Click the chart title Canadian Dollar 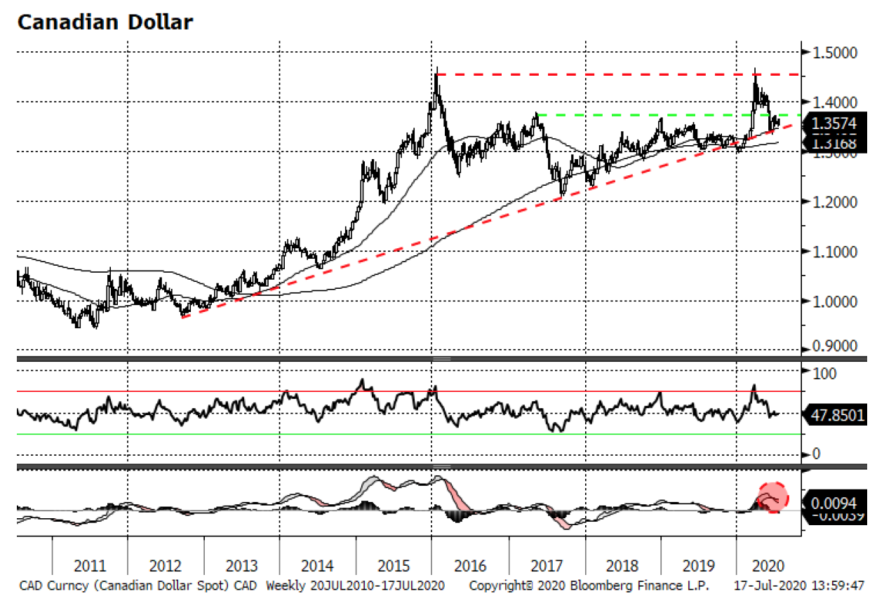(x=105, y=22)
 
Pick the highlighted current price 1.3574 (x=836, y=124)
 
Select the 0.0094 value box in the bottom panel (x=835, y=502)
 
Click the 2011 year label (x=90, y=566)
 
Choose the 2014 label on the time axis (x=317, y=566)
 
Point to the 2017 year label (x=547, y=566)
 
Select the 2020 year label (x=768, y=566)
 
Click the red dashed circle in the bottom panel (x=773, y=497)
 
